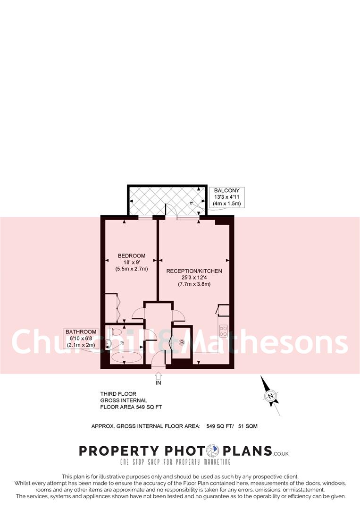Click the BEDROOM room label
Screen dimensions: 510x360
[132, 256]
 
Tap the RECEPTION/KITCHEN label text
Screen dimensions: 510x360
[194, 271]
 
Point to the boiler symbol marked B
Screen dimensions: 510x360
[182, 342]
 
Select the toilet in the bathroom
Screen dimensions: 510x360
[110, 342]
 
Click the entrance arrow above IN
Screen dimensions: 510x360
[158, 375]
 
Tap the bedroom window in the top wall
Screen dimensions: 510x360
[145, 218]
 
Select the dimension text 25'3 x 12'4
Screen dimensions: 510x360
[194, 278]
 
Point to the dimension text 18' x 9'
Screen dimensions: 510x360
[132, 262]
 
